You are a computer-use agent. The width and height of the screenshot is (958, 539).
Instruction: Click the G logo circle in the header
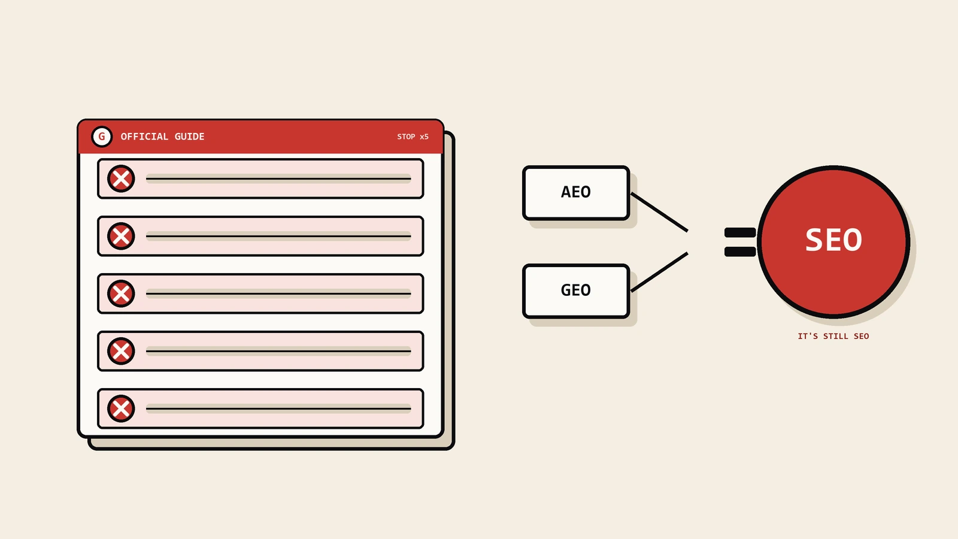[x=102, y=137]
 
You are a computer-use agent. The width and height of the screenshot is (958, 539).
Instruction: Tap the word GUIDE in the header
[x=189, y=137]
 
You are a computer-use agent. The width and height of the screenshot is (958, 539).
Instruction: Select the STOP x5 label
[x=413, y=137]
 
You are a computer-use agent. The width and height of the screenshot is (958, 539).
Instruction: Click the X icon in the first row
[x=121, y=178]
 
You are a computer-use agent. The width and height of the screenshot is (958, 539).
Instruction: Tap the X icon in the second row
[x=121, y=236]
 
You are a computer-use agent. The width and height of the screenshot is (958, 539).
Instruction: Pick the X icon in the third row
[x=121, y=293]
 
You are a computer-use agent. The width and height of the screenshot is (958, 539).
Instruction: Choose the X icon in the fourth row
[x=121, y=351]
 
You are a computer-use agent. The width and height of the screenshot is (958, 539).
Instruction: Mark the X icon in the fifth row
[x=121, y=408]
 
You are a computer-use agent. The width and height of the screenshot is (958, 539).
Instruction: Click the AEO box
[x=576, y=193]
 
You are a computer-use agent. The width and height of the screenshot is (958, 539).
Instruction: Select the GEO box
[x=576, y=291]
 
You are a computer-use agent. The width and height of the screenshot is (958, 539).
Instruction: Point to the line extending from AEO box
[x=659, y=213]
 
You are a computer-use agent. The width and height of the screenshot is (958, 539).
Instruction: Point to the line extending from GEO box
[x=659, y=272]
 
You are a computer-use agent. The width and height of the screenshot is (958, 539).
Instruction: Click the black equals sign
[x=740, y=242]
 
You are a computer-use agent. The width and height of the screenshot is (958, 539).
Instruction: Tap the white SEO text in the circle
[x=833, y=240]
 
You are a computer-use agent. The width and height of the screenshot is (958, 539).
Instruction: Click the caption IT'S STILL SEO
[x=833, y=336]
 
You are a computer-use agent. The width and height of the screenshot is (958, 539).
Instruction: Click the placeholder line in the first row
[x=278, y=178]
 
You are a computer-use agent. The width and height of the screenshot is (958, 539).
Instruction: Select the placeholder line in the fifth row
[x=278, y=408]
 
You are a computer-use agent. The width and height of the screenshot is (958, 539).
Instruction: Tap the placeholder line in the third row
[x=278, y=293]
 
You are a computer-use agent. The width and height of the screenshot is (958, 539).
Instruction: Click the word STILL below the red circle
[x=836, y=336]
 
